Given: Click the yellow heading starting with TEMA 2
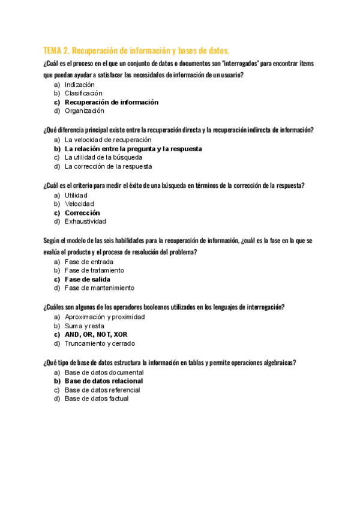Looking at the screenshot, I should (x=136, y=50).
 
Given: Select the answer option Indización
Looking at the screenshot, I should (x=80, y=85).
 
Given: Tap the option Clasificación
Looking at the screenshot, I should (x=83, y=93).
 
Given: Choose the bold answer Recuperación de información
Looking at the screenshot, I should (x=112, y=102).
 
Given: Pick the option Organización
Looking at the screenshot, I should (x=84, y=110).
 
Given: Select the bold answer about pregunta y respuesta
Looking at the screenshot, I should (x=133, y=148).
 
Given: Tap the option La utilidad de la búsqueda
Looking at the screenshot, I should (x=103, y=157).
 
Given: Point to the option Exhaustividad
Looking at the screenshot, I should (x=85, y=221).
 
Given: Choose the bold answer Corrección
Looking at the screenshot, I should (x=82, y=212).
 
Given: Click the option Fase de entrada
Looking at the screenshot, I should (x=89, y=262).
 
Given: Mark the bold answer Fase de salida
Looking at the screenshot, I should (x=87, y=279).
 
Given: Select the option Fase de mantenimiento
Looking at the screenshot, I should (x=100, y=288).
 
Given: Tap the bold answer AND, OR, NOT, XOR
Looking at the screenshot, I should (x=96, y=334).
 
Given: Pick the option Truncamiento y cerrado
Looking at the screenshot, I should (x=100, y=343).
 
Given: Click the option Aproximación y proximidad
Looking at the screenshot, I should (x=104, y=316).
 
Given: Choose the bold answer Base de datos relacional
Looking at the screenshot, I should (x=104, y=381).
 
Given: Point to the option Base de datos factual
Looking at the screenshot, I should (x=97, y=398).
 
